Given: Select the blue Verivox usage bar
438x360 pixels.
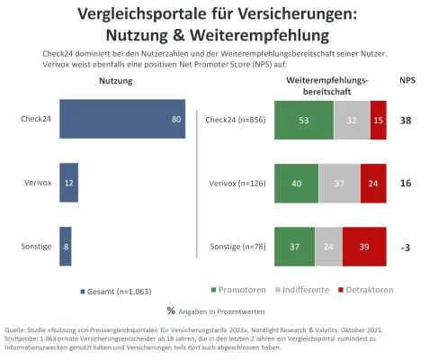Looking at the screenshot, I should [x=68, y=183].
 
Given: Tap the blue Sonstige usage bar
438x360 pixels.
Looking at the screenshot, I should [x=65, y=246].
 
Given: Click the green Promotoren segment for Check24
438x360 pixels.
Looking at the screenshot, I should [x=303, y=120].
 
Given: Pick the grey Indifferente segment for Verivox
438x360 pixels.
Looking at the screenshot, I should [x=338, y=183].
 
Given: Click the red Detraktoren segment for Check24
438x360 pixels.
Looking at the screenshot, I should [x=378, y=120].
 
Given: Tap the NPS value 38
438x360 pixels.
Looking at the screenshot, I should [x=406, y=120].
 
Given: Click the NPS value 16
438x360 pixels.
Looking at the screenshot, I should [x=406, y=183].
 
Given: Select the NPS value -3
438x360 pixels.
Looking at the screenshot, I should [x=406, y=246].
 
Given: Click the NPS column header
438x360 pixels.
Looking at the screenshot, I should [x=407, y=81].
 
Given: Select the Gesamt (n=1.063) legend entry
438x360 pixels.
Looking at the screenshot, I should [x=116, y=292].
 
